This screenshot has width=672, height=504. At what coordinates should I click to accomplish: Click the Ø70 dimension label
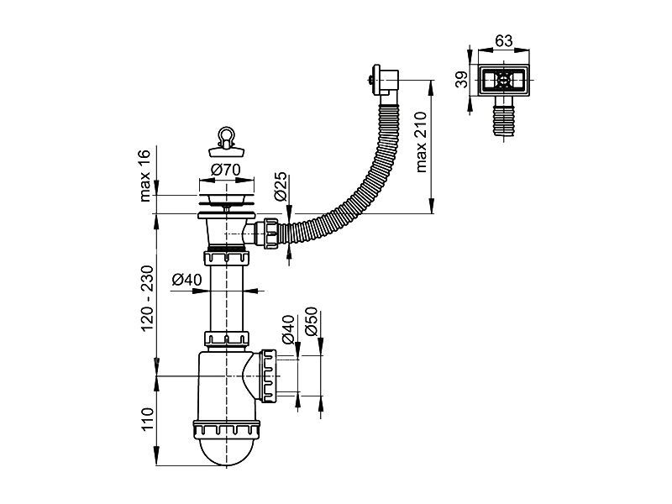[x=226, y=171]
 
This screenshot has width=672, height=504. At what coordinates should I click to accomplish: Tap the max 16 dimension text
[x=145, y=176]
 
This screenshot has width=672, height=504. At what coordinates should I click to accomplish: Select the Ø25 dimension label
[x=281, y=186]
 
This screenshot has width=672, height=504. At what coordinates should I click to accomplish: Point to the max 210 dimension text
[x=422, y=142]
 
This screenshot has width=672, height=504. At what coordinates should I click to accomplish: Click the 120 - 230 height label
[x=147, y=298]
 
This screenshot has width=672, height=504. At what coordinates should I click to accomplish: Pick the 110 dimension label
[x=147, y=419]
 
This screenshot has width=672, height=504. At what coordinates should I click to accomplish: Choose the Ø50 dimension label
[x=312, y=322]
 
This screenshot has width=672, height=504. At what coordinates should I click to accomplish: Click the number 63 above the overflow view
[x=503, y=41]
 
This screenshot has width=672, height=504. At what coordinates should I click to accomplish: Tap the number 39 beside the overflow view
[x=461, y=80]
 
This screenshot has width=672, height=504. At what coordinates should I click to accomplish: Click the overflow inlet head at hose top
[x=384, y=81]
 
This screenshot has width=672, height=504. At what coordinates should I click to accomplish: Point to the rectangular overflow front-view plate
[x=503, y=80]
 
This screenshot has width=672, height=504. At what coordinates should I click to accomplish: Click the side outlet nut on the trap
[x=269, y=375]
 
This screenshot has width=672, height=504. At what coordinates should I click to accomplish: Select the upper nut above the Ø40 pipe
[x=226, y=259]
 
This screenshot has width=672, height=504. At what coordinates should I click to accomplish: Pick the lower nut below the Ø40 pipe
[x=226, y=339]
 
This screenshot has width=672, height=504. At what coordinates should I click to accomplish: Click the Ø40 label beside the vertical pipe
[x=186, y=281]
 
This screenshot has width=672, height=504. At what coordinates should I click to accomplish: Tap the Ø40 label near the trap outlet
[x=288, y=329]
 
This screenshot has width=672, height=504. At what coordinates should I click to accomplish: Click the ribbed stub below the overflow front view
[x=503, y=116]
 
